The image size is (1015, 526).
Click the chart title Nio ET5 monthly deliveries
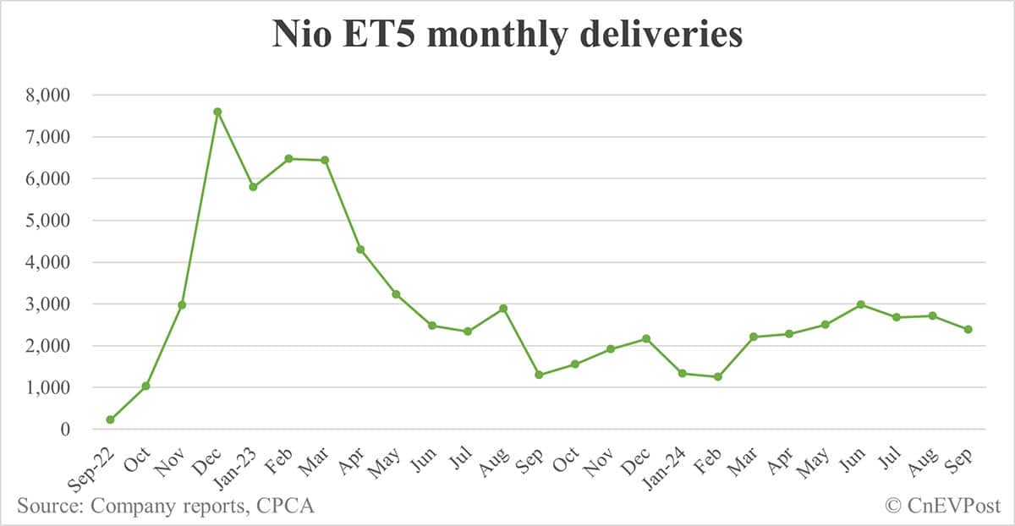pos(507,35)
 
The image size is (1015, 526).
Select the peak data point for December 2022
pos(217,112)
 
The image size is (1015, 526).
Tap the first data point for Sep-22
pos(111,419)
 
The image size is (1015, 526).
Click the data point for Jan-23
pos(253,187)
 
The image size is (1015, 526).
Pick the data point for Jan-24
pos(682,373)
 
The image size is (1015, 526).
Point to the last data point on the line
pos(968,329)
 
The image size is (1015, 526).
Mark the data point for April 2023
pos(360,249)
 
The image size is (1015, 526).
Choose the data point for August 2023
pos(503,308)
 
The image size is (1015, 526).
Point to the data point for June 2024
pos(860,304)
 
